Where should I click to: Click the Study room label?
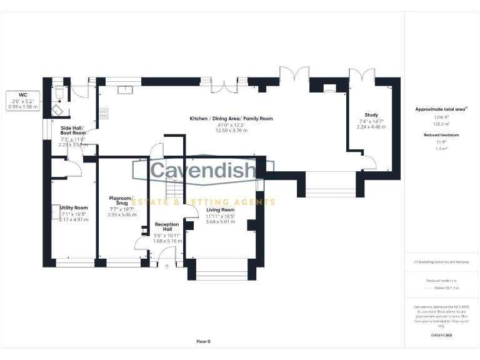(x=371, y=115)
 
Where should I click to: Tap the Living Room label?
(x=219, y=210)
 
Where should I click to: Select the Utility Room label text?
(x=74, y=207)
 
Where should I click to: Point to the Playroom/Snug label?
(x=122, y=200)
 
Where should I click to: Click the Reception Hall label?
(x=167, y=227)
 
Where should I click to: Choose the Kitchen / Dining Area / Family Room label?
(x=231, y=118)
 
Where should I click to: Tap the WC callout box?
(x=22, y=100)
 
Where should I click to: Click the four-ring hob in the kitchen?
(x=103, y=114)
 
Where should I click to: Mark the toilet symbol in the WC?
(x=58, y=94)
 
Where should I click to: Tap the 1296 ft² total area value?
(x=442, y=117)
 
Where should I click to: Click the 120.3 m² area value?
(x=442, y=124)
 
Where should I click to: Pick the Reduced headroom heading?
(x=442, y=135)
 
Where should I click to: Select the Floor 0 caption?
(x=204, y=341)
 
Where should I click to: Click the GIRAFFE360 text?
(x=442, y=336)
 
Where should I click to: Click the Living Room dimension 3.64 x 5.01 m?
(x=219, y=221)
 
